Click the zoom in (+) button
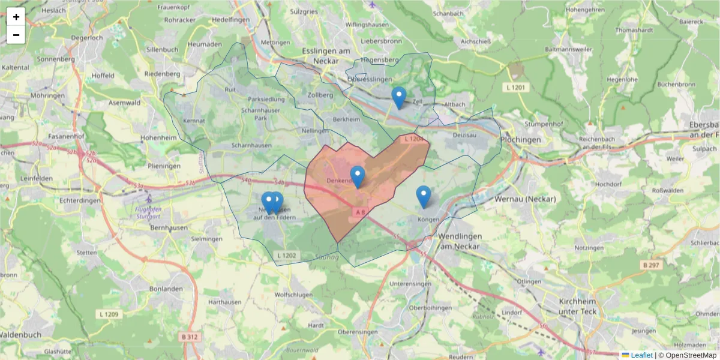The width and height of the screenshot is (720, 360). pos(16,17)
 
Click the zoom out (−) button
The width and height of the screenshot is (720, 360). pos(16,35)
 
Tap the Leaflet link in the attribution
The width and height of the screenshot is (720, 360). pos(641,355)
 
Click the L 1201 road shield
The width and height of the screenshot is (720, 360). pos(515,88)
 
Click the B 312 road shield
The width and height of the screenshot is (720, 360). pos(189,337)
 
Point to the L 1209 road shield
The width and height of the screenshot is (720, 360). pos(109,314)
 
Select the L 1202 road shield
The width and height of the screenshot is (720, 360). pos(287,256)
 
